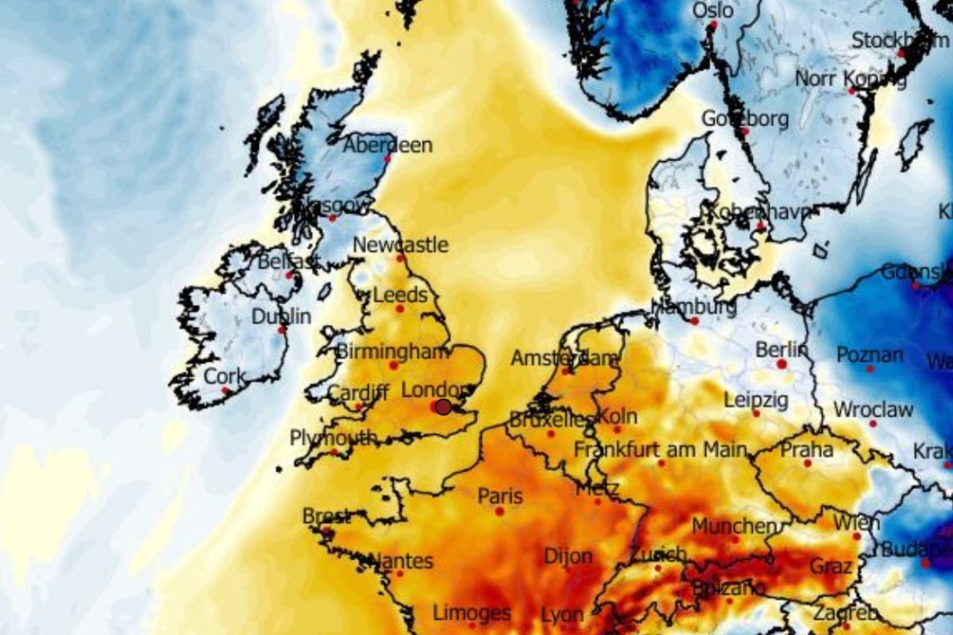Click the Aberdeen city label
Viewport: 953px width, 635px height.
pyautogui.click(x=388, y=145)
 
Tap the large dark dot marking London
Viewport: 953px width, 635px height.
pyautogui.click(x=443, y=406)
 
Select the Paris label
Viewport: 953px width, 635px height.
pyautogui.click(x=500, y=496)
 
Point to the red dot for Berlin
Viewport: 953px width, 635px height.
pyautogui.click(x=781, y=364)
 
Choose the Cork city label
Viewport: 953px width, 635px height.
pyautogui.click(x=225, y=376)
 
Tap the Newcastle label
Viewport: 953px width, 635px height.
pyautogui.click(x=400, y=244)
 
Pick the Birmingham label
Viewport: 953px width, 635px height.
pyautogui.click(x=388, y=351)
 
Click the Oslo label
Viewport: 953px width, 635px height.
pyautogui.click(x=713, y=10)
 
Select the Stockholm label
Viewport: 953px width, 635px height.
pyautogui.click(x=900, y=40)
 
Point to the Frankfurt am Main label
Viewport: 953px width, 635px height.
pyautogui.click(x=661, y=450)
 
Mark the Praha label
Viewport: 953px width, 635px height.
pyautogui.click(x=807, y=450)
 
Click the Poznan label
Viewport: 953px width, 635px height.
pyautogui.click(x=870, y=354)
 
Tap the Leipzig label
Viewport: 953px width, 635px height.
pyautogui.click(x=756, y=399)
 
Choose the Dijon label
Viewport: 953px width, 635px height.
pyautogui.click(x=568, y=556)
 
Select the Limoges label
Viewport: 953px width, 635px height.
pyautogui.click(x=472, y=613)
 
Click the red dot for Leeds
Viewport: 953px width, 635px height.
pyautogui.click(x=399, y=308)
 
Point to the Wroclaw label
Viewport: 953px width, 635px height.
pyautogui.click(x=873, y=410)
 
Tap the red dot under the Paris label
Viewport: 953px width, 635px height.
pyautogui.click(x=500, y=511)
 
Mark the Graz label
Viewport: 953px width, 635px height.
pyautogui.click(x=831, y=566)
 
